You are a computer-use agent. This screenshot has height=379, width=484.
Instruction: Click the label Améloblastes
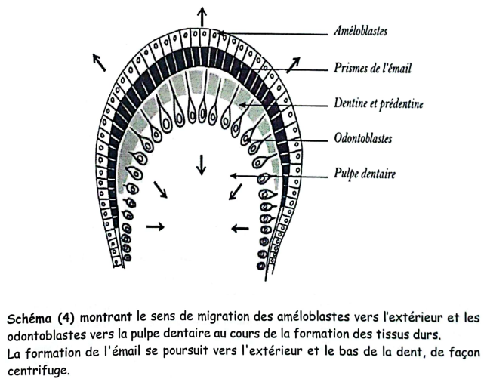360,31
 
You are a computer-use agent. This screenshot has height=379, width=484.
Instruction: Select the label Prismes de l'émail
372,68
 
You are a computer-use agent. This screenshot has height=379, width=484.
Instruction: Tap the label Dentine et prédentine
378,103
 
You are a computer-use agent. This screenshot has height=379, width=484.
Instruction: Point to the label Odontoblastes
362,138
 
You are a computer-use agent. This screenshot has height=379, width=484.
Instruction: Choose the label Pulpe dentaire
364,174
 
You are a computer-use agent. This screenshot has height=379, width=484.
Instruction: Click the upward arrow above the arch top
202,17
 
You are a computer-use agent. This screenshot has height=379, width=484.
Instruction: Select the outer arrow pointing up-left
100,62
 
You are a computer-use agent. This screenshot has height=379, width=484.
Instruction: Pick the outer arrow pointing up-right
293,65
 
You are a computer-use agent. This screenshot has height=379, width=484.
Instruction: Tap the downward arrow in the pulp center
202,165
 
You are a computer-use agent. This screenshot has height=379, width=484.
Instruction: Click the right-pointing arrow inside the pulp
156,226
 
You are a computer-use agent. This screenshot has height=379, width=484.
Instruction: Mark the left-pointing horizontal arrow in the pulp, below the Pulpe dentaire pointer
240,229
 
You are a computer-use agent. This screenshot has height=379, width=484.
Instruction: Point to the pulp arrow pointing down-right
161,189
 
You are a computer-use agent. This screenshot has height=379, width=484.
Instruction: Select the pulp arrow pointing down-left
236,192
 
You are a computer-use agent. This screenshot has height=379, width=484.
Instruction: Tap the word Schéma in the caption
29,318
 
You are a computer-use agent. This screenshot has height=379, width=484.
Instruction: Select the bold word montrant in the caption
106,318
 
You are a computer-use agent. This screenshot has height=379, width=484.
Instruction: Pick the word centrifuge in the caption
37,371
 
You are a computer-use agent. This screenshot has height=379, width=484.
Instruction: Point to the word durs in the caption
427,335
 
